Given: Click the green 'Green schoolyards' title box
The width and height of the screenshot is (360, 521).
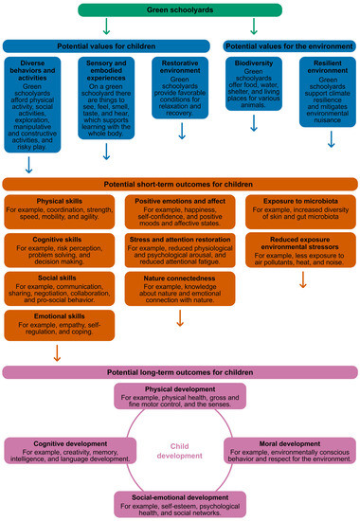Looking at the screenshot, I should point(179,9).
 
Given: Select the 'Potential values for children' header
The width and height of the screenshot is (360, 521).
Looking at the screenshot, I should point(107,45).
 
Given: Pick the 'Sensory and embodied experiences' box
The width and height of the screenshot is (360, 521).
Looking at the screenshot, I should point(107,96).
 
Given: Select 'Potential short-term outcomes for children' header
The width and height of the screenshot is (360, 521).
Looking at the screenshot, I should point(179,182).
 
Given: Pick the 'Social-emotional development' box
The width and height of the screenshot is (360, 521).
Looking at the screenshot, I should point(180,501).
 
